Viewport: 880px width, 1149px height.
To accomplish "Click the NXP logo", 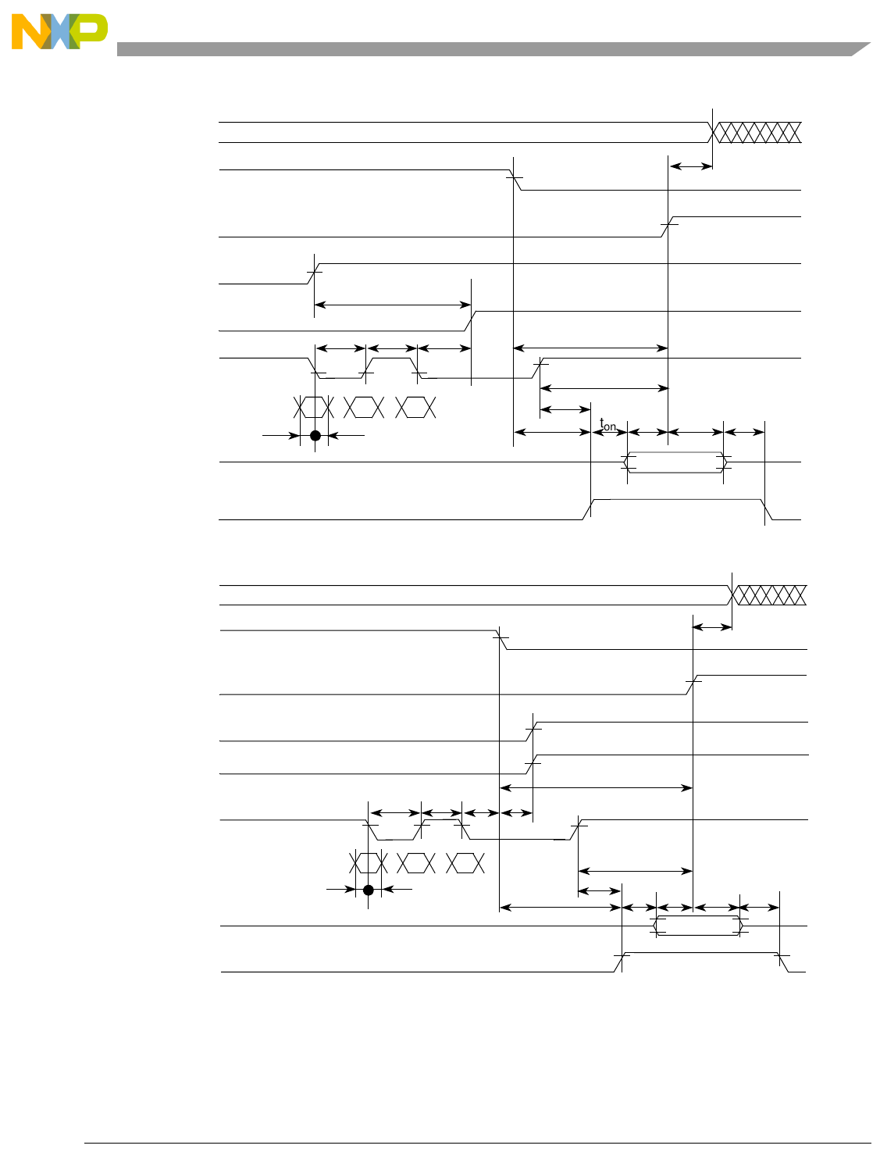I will tap(59, 32).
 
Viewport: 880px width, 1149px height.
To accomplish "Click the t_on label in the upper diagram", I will tap(607, 425).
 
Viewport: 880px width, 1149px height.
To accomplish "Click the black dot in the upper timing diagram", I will tap(315, 436).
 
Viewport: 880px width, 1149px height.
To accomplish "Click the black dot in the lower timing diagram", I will tap(369, 890).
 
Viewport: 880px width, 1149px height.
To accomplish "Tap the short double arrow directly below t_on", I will tap(609, 432).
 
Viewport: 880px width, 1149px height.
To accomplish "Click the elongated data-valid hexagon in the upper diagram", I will tap(675, 462).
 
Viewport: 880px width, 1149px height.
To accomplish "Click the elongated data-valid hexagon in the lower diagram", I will tap(699, 926).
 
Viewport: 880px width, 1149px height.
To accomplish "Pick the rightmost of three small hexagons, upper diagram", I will tap(415, 408).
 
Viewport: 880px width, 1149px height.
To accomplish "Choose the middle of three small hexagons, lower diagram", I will tap(416, 863).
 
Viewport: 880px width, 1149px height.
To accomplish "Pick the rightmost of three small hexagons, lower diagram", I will tap(465, 863).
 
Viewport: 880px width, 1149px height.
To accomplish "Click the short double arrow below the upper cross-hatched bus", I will tap(691, 166).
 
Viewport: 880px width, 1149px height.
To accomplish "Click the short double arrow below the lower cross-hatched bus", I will tap(713, 626).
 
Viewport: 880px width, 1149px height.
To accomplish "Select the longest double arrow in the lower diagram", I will tap(596, 788).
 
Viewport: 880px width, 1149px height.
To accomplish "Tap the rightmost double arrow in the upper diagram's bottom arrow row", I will tap(744, 432).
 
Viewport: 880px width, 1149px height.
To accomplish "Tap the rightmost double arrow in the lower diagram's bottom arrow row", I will tap(759, 908).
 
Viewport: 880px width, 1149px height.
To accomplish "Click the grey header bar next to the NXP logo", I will tap(484, 49).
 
